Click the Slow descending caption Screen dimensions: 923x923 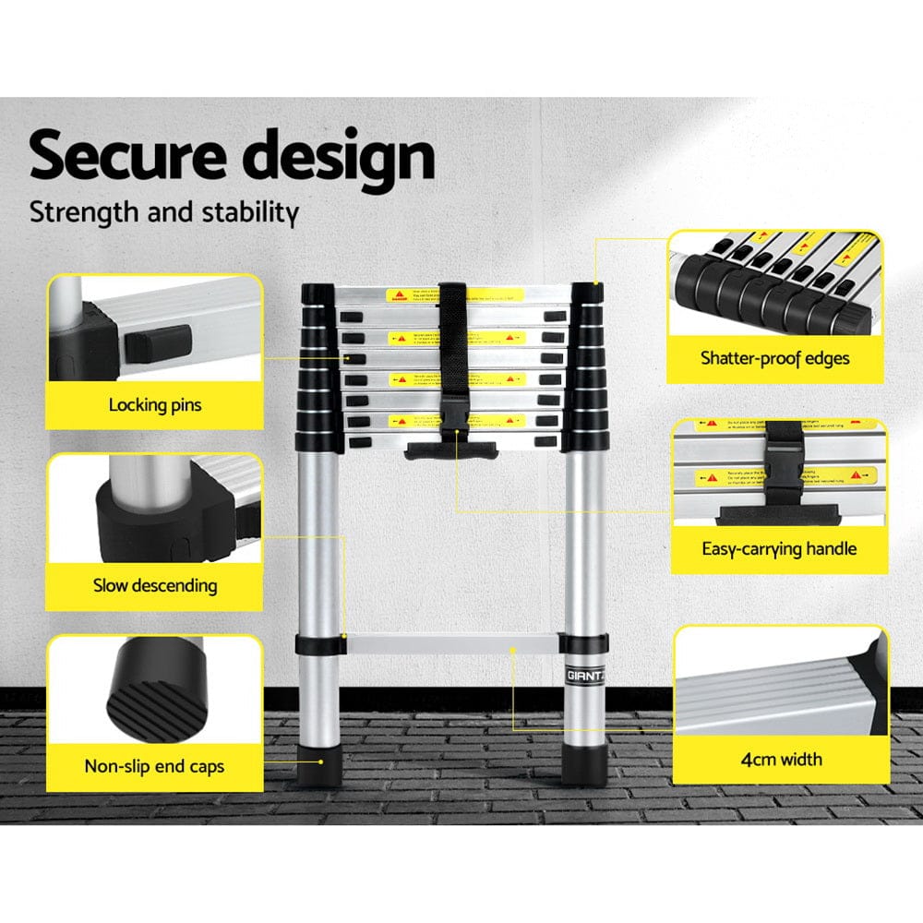(x=154, y=585)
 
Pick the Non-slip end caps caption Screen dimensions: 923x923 (x=154, y=766)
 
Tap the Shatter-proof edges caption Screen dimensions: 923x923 (x=774, y=358)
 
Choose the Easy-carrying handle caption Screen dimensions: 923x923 (x=779, y=549)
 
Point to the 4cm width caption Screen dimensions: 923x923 (x=782, y=760)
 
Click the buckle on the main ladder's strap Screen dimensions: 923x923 (x=453, y=412)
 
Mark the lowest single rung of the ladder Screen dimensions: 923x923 (x=452, y=644)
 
